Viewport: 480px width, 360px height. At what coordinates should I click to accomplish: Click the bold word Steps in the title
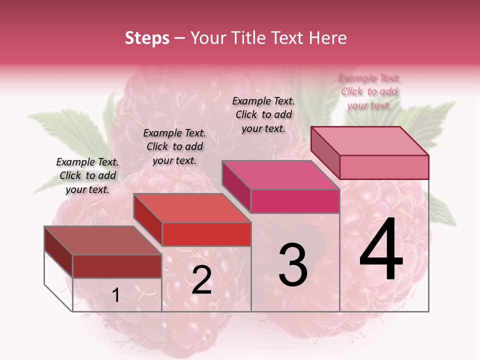[147, 38]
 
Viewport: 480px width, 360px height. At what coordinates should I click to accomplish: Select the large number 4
[381, 249]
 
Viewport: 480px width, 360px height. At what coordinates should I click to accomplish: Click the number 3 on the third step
[292, 264]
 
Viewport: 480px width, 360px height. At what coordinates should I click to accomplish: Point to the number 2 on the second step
[201, 280]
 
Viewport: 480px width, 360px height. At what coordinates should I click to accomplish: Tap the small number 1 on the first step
[115, 295]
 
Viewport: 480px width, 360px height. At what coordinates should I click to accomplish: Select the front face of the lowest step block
[117, 266]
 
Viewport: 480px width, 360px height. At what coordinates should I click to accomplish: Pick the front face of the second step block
[206, 234]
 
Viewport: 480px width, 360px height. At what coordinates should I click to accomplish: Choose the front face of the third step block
[295, 201]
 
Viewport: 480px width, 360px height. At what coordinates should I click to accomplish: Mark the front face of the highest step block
[384, 167]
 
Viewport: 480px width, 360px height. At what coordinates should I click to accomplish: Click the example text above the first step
[88, 175]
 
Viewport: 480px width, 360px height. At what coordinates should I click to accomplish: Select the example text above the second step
[174, 146]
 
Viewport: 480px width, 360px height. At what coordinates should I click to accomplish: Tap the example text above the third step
[263, 114]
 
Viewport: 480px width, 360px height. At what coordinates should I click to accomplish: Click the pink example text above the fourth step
[369, 91]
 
